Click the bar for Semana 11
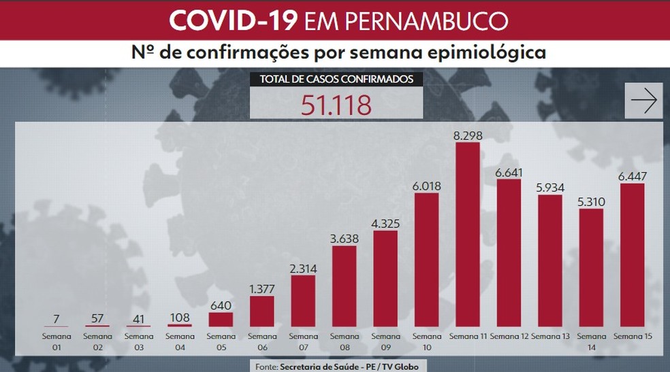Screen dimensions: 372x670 click(x=467, y=235)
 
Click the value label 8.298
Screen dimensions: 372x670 click(x=467, y=135)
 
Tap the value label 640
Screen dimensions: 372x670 click(x=219, y=303)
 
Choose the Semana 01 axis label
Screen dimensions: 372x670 click(x=57, y=341)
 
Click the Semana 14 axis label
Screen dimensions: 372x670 click(x=591, y=341)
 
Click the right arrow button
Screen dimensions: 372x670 click(x=643, y=101)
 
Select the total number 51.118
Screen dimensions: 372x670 click(x=336, y=105)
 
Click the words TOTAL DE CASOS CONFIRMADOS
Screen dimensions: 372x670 click(x=336, y=80)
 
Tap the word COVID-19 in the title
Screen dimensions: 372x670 click(x=232, y=20)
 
